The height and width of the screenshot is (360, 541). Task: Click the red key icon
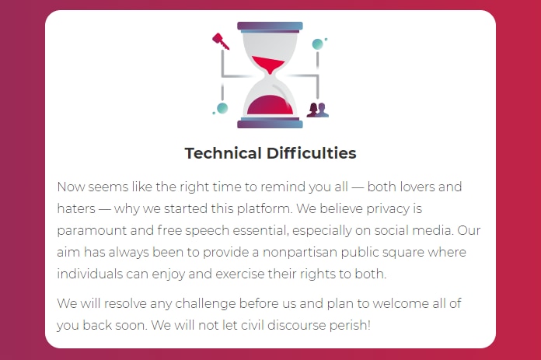click(220, 41)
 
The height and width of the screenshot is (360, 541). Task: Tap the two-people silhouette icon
click(318, 110)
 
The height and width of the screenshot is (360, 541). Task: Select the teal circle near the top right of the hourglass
click(317, 44)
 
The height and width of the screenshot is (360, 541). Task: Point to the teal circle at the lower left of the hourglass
click(222, 108)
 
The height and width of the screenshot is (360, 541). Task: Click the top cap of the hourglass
click(270, 26)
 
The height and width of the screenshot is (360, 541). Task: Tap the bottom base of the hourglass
click(270, 123)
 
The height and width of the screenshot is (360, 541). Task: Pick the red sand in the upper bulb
click(268, 65)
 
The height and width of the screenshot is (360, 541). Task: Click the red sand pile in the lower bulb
click(270, 105)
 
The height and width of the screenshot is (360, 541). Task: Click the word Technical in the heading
click(223, 153)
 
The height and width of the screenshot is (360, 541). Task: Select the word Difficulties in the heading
click(311, 153)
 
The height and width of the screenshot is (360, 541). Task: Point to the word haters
click(76, 208)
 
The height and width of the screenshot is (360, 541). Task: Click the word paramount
click(92, 231)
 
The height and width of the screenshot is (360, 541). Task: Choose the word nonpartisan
click(300, 252)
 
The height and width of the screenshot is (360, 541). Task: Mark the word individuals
click(89, 274)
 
